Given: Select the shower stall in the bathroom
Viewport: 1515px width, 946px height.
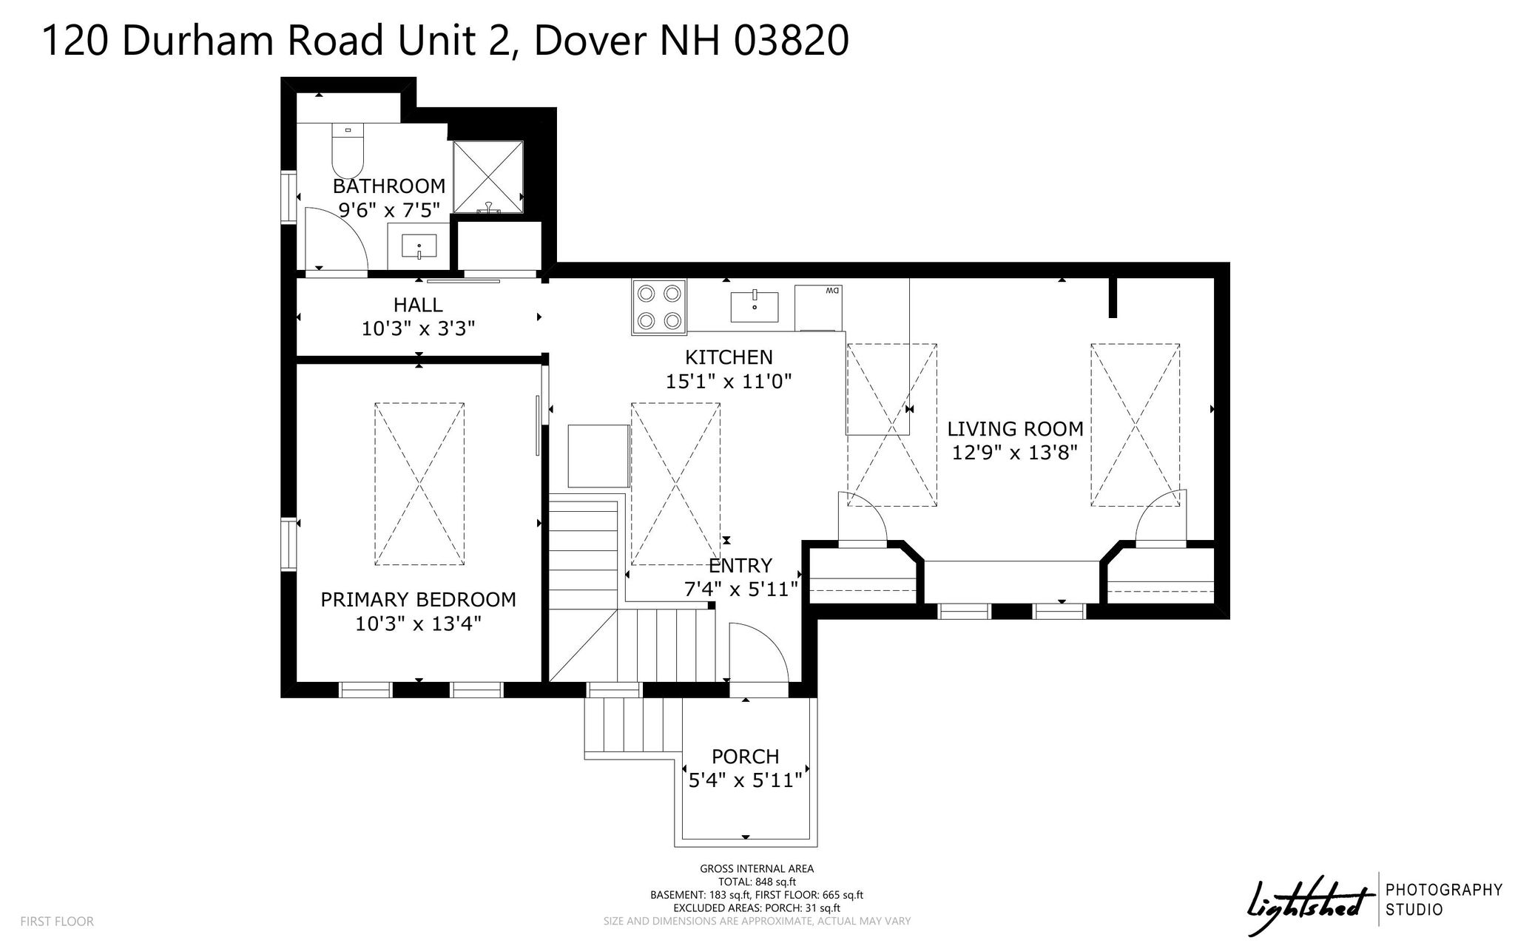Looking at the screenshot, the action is tap(488, 178).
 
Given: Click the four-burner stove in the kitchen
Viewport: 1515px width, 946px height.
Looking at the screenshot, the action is tap(659, 306).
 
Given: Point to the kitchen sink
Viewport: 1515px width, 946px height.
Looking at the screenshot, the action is tap(755, 306).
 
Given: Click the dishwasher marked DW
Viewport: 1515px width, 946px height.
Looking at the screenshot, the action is tap(818, 306).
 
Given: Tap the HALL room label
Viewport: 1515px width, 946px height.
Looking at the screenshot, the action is tap(418, 305).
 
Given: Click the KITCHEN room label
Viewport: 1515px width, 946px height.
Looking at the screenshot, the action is tap(729, 357).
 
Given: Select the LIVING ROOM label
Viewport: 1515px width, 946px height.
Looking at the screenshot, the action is tap(1015, 429).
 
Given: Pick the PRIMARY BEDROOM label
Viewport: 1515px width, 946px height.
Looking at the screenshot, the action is tap(418, 600).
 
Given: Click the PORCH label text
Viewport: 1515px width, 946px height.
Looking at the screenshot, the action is tap(745, 757).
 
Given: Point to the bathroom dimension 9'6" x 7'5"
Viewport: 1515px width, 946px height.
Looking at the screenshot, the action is tap(389, 210).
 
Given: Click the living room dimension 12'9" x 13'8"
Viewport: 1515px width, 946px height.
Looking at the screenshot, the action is tap(1015, 453).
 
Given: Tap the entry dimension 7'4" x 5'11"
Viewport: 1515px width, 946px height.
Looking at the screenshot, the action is tap(740, 589).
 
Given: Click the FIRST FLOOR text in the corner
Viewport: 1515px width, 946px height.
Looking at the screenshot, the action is tap(57, 922).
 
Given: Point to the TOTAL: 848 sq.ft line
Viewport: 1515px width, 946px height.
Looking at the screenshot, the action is tap(757, 882).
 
